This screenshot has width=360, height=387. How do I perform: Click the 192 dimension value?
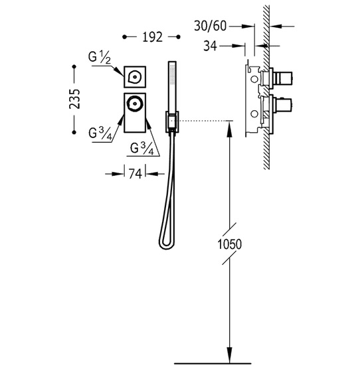pyautogui.click(x=152, y=37)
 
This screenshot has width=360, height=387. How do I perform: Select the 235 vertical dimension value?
pyautogui.click(x=74, y=99)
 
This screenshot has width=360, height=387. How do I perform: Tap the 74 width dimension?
pyautogui.click(x=135, y=174)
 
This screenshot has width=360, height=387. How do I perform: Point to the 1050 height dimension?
pyautogui.click(x=229, y=244)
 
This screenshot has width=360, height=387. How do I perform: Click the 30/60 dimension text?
pyautogui.click(x=210, y=26)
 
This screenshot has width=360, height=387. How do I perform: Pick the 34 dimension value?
pyautogui.click(x=210, y=46)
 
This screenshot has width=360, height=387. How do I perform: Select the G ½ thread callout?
pyautogui.click(x=100, y=58)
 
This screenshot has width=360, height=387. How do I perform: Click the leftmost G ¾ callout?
pyautogui.click(x=100, y=134)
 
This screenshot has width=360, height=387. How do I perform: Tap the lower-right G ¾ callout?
pyautogui.click(x=142, y=149)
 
